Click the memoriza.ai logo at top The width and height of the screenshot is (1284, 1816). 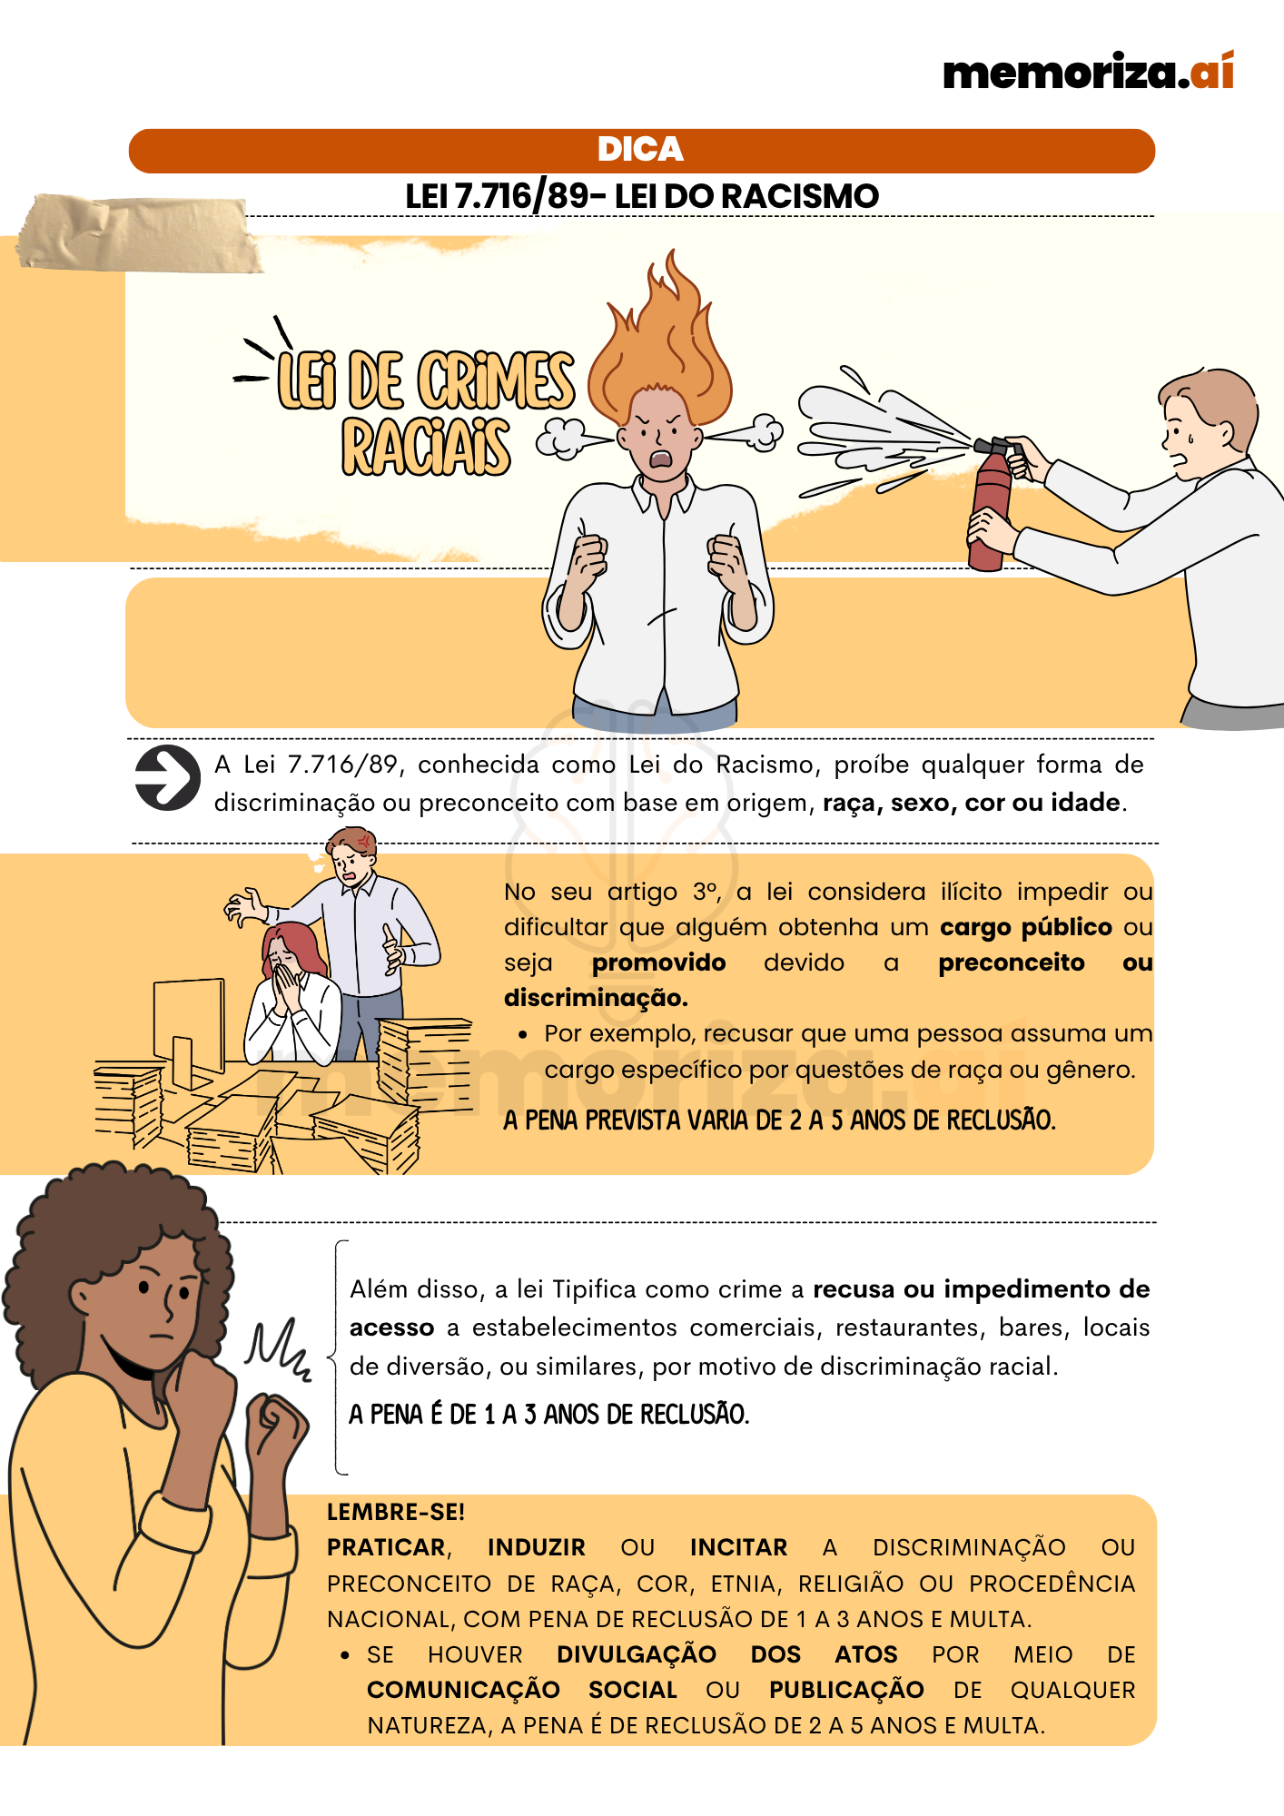point(1088,72)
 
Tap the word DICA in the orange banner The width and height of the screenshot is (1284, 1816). point(640,150)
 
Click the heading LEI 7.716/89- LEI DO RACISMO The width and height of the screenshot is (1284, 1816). point(641,196)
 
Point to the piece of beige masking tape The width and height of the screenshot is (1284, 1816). point(136,234)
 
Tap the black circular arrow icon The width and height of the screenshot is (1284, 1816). point(167,778)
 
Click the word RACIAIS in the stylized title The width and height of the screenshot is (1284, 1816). point(425,448)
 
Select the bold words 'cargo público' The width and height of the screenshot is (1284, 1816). point(1025,927)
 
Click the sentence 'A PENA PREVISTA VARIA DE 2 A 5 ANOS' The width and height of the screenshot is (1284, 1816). point(779,1120)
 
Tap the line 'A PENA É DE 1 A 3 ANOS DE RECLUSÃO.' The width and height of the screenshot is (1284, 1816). point(548,1414)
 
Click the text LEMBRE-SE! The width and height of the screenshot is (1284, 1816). point(395,1512)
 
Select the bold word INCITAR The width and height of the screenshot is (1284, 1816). point(738,1547)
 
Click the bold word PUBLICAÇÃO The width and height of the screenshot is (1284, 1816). point(845,1690)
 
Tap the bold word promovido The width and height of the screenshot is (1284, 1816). point(658,962)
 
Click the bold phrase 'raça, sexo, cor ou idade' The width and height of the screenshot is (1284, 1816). point(971,803)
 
